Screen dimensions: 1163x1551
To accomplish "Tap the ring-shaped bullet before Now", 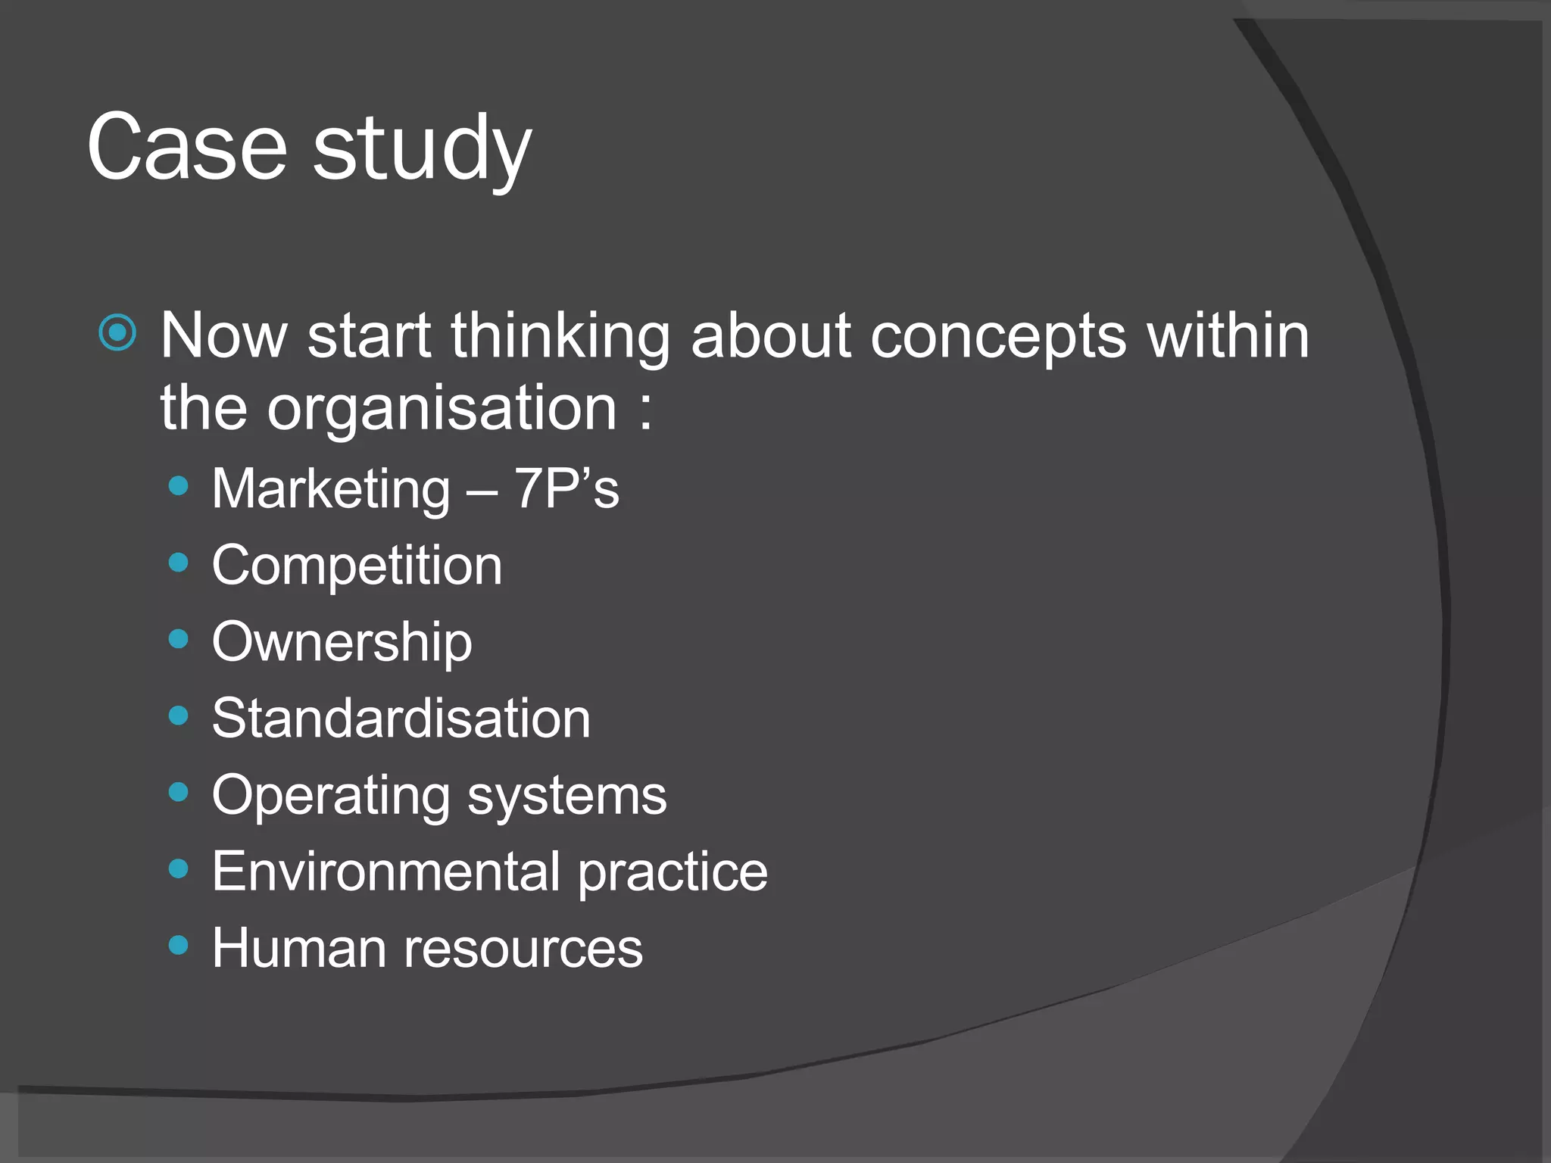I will [x=118, y=332].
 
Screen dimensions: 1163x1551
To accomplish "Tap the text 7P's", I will [x=566, y=488].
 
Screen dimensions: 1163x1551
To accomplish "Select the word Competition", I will [x=357, y=566].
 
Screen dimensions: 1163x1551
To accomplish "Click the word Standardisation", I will [x=401, y=719].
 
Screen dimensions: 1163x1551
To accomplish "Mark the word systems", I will [x=567, y=797].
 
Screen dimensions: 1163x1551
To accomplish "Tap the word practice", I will [x=673, y=873].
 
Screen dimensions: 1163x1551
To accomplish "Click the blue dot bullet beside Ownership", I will [x=179, y=640].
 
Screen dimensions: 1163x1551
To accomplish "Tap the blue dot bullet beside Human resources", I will [x=179, y=945].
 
